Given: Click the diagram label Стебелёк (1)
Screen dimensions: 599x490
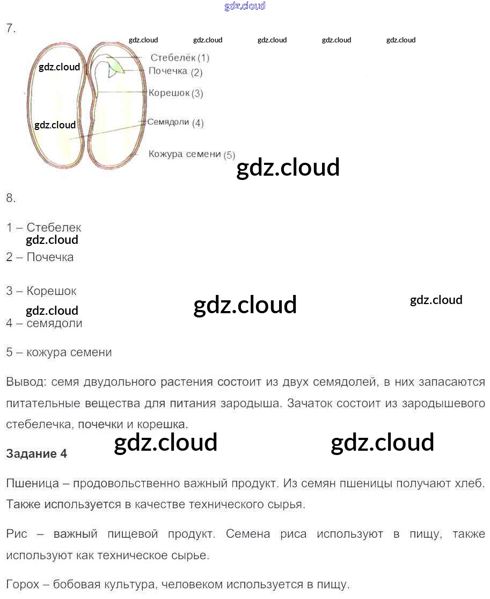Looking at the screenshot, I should tap(179, 57).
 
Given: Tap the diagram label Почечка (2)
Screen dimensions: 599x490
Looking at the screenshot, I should tap(175, 71).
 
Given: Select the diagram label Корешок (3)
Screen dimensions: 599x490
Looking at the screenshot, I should tap(175, 93).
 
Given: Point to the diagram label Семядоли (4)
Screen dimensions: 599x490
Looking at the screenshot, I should tap(175, 122).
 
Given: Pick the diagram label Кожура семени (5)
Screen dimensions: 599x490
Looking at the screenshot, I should tap(192, 155).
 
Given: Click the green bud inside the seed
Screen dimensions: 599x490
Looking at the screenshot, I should tap(117, 67).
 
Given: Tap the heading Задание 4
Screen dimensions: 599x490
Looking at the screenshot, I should tap(36, 453).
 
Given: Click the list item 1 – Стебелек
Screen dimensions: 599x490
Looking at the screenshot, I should tap(43, 228).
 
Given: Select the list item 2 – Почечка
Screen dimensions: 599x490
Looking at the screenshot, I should tap(40, 257).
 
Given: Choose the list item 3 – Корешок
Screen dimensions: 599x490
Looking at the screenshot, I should tap(41, 291).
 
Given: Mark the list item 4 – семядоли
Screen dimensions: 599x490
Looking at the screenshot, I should tap(44, 323).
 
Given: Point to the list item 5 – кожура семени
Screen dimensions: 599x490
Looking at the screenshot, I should tap(59, 352).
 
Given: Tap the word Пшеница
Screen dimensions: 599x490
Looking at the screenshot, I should tap(32, 483).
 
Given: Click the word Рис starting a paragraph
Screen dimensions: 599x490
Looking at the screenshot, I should tap(17, 534).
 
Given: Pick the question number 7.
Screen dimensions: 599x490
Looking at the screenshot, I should tap(11, 29).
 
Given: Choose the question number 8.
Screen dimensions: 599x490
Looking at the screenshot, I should tap(11, 198).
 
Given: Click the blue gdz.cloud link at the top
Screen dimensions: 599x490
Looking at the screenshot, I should tap(244, 6).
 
